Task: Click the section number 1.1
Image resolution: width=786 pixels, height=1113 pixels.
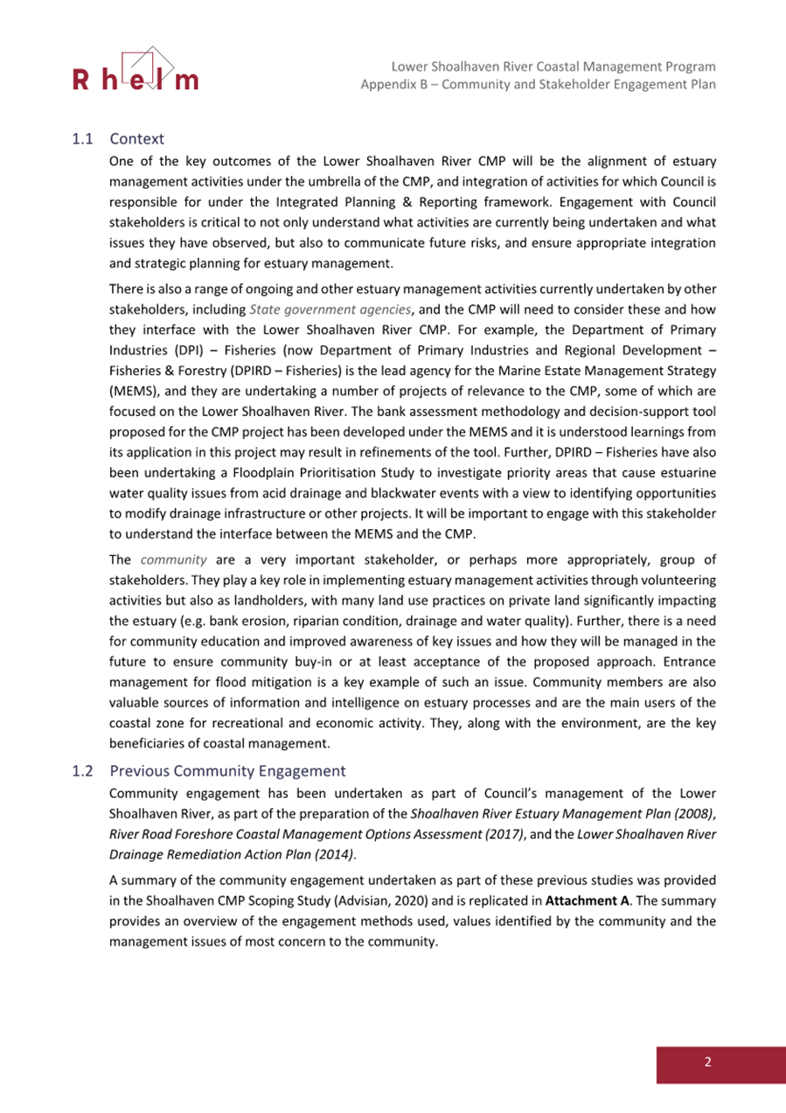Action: [x=81, y=138]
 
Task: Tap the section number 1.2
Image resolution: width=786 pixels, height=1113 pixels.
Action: [x=81, y=771]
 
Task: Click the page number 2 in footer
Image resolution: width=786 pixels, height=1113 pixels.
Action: [x=708, y=1062]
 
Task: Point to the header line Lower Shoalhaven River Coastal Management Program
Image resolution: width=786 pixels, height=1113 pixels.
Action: [x=554, y=66]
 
